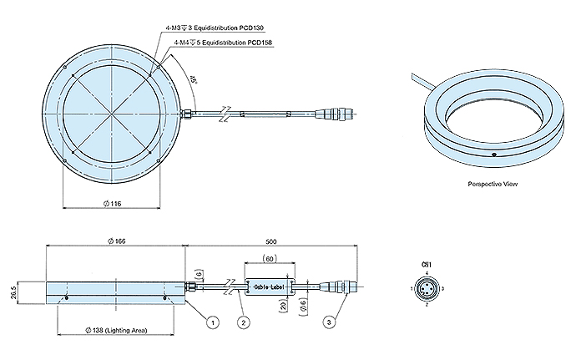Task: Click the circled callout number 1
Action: point(214,321)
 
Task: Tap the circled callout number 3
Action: point(331,321)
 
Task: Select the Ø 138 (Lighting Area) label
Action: point(118,331)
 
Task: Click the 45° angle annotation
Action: point(193,82)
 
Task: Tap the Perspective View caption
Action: point(492,184)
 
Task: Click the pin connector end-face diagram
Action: point(426,289)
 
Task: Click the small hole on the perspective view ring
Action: point(493,155)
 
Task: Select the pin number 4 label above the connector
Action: point(426,272)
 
